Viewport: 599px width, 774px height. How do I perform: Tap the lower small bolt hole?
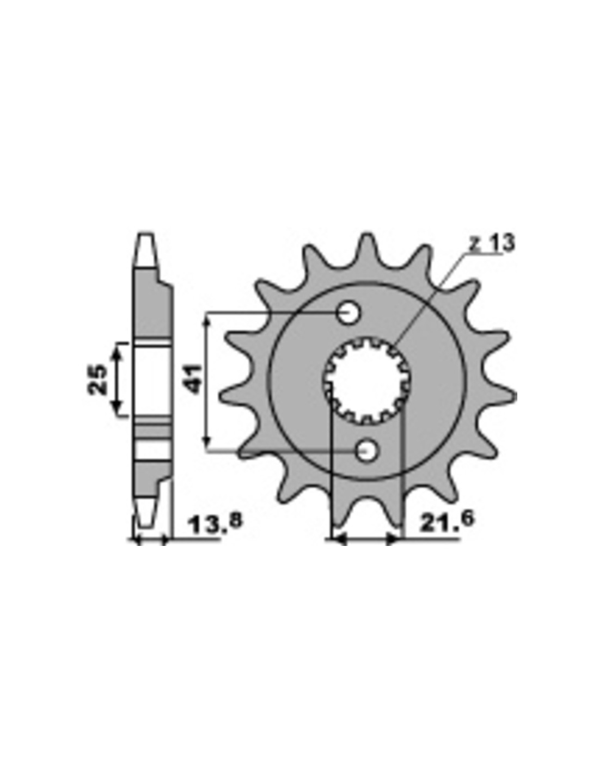pyautogui.click(x=366, y=452)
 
